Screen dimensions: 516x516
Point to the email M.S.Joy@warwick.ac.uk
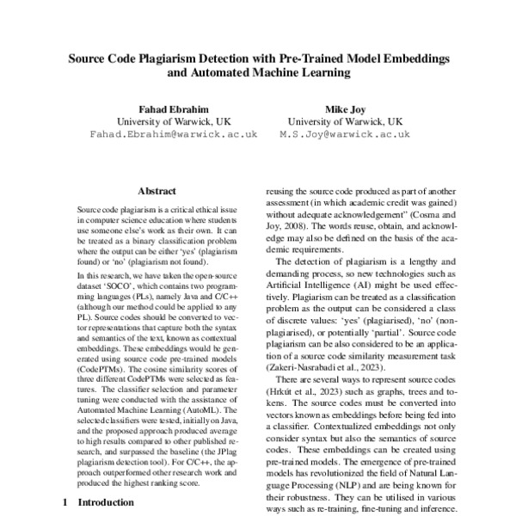(x=344, y=135)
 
